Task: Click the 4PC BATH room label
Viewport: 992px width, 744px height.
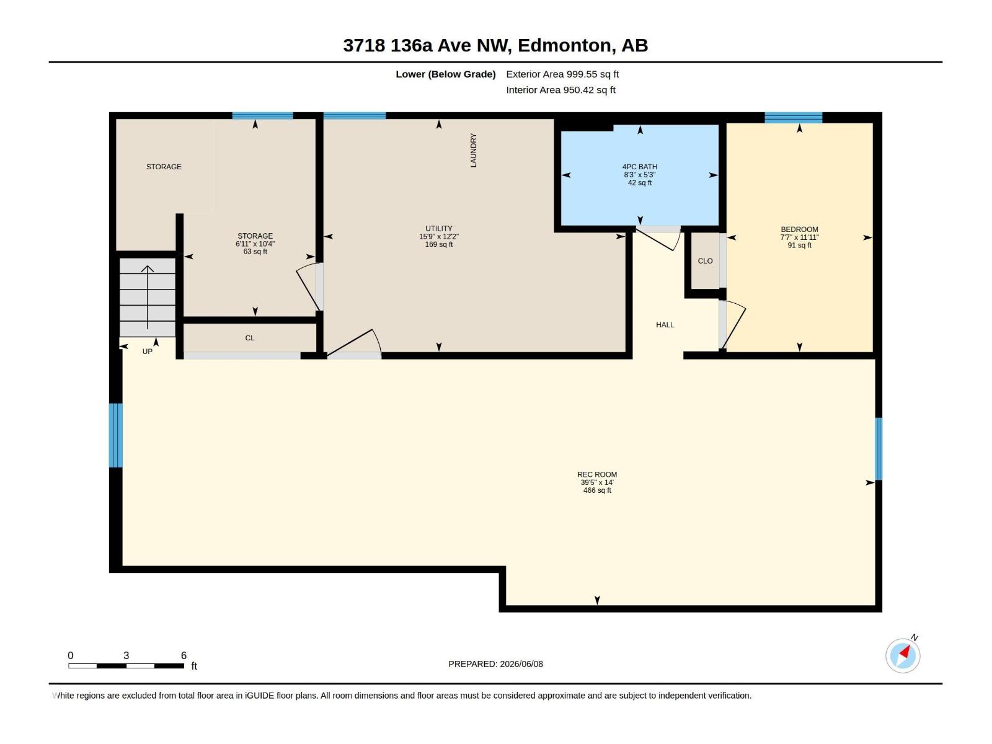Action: click(x=639, y=167)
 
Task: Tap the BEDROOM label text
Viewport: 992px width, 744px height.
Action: click(x=799, y=229)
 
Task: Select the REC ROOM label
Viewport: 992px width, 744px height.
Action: click(x=596, y=474)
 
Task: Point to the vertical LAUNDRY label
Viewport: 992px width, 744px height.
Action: click(x=473, y=151)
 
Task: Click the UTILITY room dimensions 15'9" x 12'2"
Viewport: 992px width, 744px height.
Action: click(x=438, y=237)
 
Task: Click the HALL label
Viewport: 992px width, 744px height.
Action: click(x=665, y=325)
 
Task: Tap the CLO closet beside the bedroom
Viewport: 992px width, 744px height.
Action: click(x=705, y=261)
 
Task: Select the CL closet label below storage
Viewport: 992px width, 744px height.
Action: click(x=249, y=338)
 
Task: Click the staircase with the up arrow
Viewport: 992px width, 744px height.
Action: click(x=148, y=297)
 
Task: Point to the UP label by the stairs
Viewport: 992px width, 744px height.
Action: click(x=148, y=352)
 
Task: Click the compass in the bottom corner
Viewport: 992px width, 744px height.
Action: click(x=903, y=656)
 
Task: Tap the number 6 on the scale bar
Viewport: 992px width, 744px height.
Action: click(x=184, y=655)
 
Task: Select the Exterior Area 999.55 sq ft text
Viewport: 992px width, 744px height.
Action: click(x=562, y=74)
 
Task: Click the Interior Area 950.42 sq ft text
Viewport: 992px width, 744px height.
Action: click(x=560, y=90)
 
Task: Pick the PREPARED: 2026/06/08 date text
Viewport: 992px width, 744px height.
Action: click(x=495, y=664)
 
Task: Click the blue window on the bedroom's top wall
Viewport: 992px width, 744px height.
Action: click(x=793, y=117)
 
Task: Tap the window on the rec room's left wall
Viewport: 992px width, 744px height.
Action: click(x=116, y=435)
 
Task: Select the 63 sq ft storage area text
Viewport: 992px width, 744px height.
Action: click(x=255, y=252)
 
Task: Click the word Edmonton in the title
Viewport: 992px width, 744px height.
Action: click(x=564, y=45)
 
